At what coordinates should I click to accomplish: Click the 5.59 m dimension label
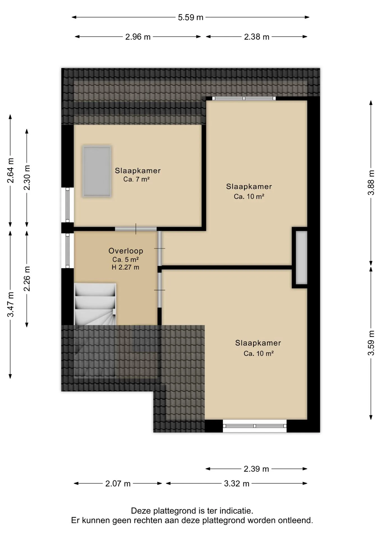click(x=190, y=17)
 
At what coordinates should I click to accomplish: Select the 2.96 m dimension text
click(x=138, y=37)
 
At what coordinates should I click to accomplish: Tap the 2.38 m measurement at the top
click(x=256, y=37)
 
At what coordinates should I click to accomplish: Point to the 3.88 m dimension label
click(x=371, y=182)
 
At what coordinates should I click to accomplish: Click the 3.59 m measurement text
click(x=371, y=343)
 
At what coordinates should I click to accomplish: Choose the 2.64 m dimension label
click(x=10, y=170)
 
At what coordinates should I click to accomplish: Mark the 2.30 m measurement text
click(x=27, y=177)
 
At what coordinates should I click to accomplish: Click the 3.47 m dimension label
click(x=10, y=304)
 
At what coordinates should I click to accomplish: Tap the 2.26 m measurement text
click(x=27, y=278)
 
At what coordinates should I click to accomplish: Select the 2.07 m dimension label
click(x=118, y=483)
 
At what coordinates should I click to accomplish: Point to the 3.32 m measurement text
click(x=237, y=483)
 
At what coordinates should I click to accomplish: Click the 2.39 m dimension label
click(x=256, y=469)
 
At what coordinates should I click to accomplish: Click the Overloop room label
click(x=126, y=251)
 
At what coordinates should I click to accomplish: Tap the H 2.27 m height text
click(x=125, y=267)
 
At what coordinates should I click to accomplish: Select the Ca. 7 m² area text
click(x=136, y=179)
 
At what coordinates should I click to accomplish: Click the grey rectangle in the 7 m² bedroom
click(x=97, y=172)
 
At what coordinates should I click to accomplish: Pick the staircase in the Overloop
click(x=95, y=304)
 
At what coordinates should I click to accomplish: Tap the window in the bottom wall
click(x=255, y=426)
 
